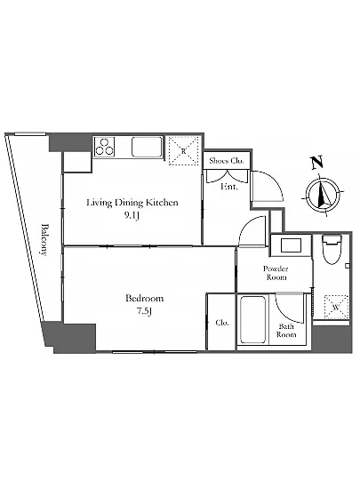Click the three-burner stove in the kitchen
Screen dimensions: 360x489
pyautogui.click(x=105, y=147)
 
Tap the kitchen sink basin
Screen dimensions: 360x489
pyautogui.click(x=148, y=147)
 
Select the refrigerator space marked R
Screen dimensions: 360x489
pyautogui.click(x=184, y=151)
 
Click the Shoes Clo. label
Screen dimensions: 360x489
pyautogui.click(x=227, y=161)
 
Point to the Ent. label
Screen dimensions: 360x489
pyautogui.click(x=229, y=187)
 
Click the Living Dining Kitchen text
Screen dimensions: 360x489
pyautogui.click(x=132, y=203)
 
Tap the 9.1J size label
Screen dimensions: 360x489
pyautogui.click(x=132, y=215)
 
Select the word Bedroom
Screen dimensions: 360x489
pyautogui.click(x=144, y=299)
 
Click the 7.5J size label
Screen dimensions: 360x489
pyautogui.click(x=144, y=311)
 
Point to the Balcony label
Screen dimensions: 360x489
pyautogui.click(x=44, y=239)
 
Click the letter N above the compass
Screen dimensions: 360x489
pyautogui.click(x=316, y=163)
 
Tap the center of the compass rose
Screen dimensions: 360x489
pyautogui.click(x=323, y=197)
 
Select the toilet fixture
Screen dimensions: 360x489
pyautogui.click(x=332, y=250)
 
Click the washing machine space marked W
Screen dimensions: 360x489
pyautogui.click(x=336, y=307)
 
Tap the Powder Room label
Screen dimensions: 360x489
pyautogui.click(x=276, y=273)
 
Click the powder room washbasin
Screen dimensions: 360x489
pyautogui.click(x=291, y=245)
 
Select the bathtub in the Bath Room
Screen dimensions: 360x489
pyautogui.click(x=253, y=319)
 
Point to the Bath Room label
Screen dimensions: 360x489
pyautogui.click(x=286, y=330)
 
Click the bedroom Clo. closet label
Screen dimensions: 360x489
pyautogui.click(x=222, y=323)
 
